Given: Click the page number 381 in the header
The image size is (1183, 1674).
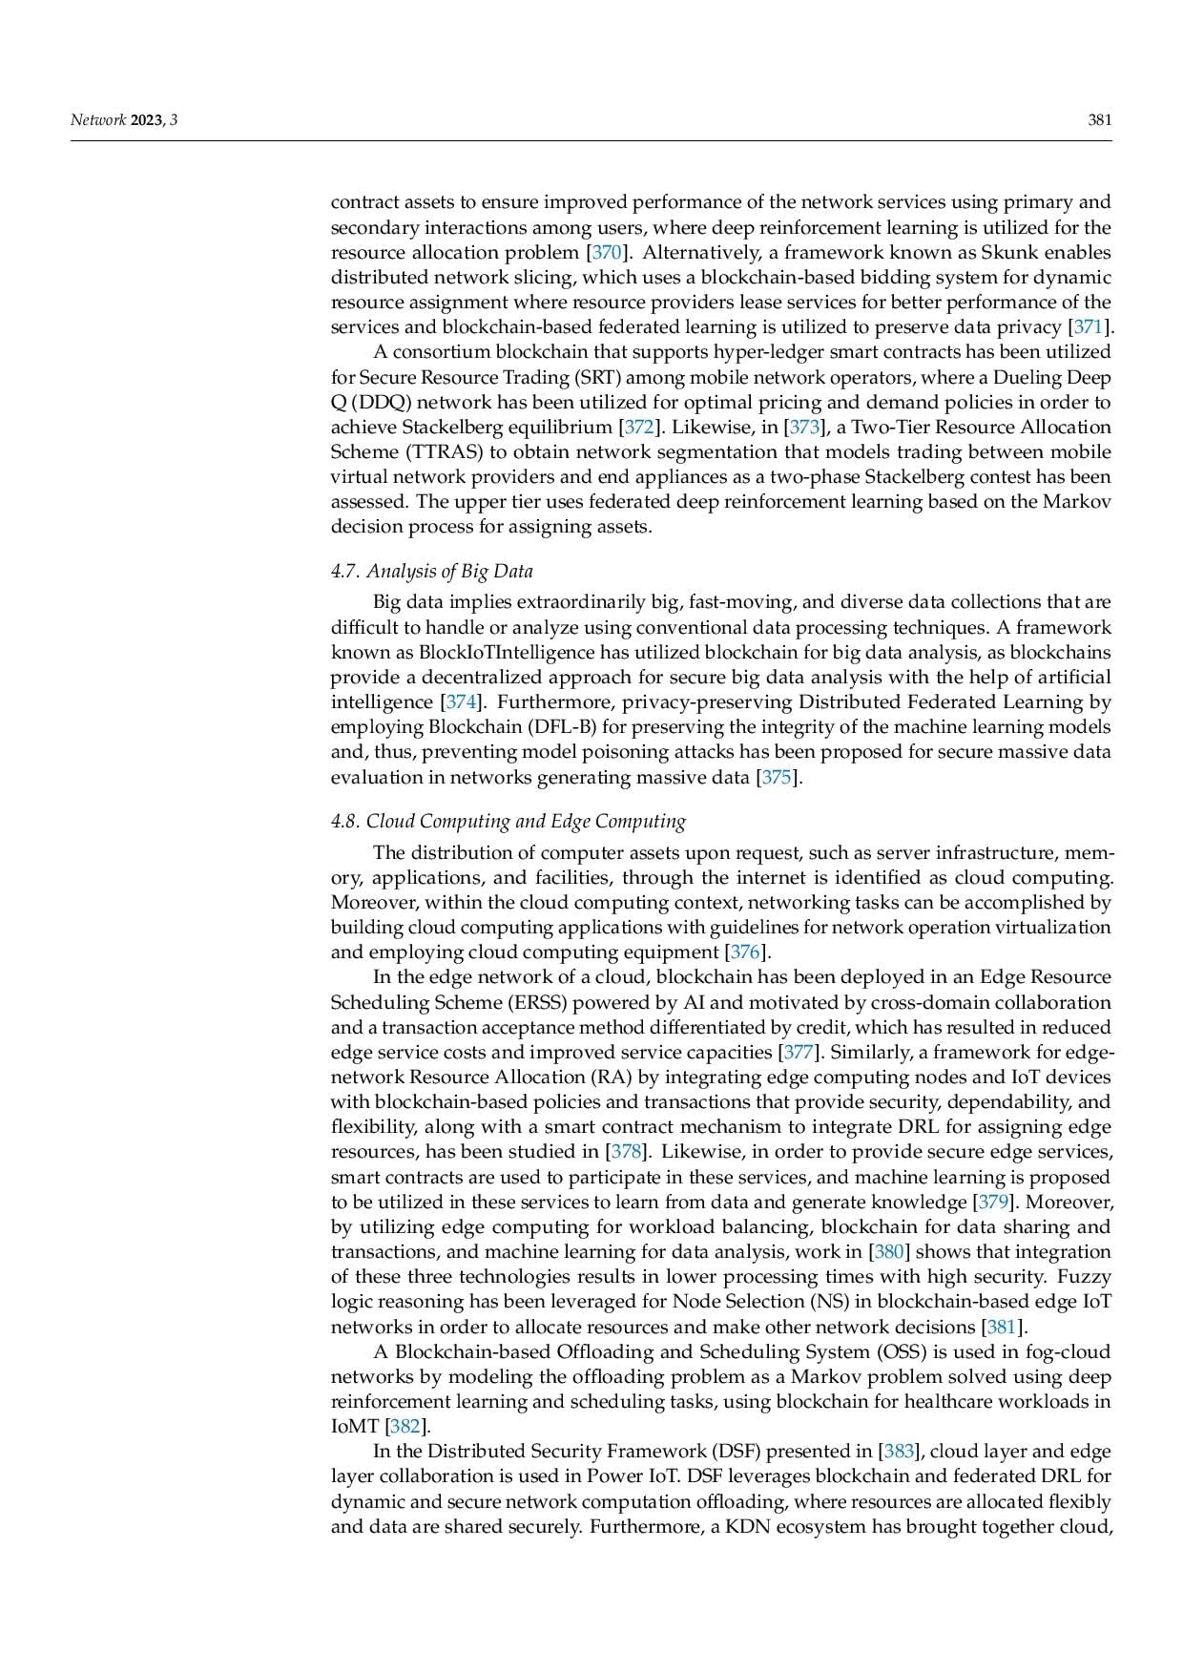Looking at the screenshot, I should [x=1100, y=120].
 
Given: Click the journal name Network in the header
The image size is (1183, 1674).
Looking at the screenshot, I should [x=98, y=120].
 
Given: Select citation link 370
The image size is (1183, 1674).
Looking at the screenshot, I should [x=607, y=253].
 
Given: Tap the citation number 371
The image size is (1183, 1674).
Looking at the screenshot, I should [x=1089, y=327].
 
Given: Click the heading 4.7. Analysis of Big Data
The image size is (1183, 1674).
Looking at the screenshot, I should [x=432, y=571].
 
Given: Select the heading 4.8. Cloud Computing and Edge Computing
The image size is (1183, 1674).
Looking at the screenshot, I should [x=508, y=821].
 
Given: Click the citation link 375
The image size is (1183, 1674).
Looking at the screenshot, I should [x=777, y=777].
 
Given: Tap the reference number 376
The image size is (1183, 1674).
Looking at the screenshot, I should [x=744, y=952].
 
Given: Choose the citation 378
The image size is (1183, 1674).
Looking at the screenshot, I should [x=625, y=1152].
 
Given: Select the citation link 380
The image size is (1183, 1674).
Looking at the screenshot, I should [x=889, y=1251].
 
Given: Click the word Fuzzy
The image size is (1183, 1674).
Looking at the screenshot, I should [x=1085, y=1276].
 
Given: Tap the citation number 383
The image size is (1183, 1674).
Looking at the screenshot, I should [x=899, y=1452].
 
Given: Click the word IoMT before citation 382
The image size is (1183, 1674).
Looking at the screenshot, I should [x=355, y=1427].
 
